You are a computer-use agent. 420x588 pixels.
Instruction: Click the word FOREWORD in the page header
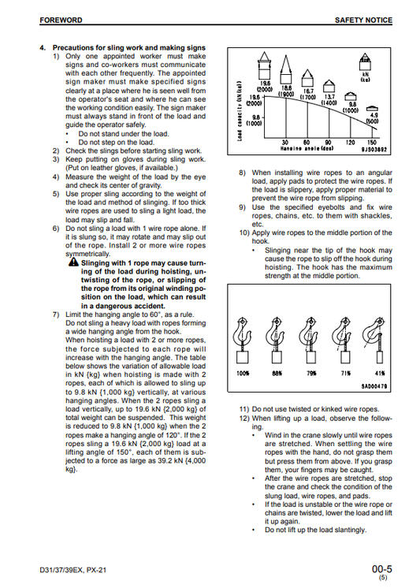(61, 20)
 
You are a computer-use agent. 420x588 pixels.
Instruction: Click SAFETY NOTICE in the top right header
(363, 20)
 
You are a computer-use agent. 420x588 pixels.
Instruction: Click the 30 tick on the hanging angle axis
(286, 143)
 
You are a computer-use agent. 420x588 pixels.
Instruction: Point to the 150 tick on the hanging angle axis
(372, 143)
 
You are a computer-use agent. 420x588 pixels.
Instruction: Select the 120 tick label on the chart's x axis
(350, 143)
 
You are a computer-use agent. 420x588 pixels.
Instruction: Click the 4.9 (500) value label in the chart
(373, 118)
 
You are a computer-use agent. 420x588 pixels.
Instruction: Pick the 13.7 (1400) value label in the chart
(329, 100)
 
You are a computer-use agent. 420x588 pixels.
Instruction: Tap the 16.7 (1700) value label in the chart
(308, 94)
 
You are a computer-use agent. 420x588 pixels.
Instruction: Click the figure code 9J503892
(374, 149)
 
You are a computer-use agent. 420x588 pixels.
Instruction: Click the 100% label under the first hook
(243, 373)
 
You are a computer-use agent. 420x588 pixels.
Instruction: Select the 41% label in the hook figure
(380, 373)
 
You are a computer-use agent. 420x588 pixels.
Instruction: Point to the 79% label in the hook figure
(311, 373)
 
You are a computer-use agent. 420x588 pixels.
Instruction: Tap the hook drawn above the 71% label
(342, 332)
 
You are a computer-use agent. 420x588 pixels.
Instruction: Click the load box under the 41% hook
(380, 356)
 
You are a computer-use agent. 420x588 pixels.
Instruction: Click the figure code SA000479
(374, 386)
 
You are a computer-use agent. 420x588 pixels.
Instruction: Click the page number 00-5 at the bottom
(381, 568)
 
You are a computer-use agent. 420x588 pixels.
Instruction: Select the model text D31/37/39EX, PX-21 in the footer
(72, 570)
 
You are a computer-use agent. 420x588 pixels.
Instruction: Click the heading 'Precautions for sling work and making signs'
(129, 47)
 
